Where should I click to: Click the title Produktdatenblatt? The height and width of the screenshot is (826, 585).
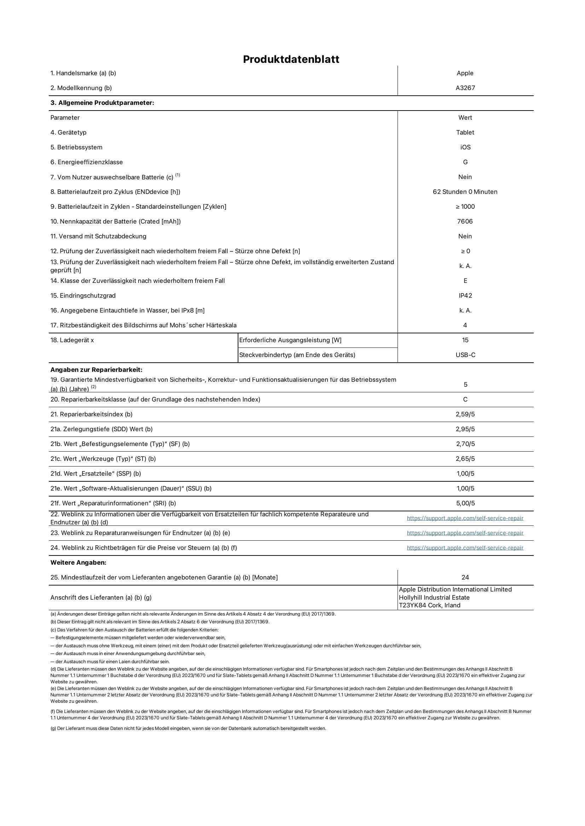[x=291, y=59]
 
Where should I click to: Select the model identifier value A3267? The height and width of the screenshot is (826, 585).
[x=465, y=88]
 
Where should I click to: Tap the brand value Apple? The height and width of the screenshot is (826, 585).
[x=465, y=73]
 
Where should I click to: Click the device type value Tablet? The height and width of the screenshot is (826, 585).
[x=465, y=132]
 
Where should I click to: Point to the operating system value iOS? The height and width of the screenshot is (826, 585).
[x=465, y=147]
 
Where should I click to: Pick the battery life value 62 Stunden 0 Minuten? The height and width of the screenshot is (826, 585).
[x=465, y=192]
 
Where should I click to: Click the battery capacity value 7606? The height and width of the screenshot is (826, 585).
[x=465, y=221]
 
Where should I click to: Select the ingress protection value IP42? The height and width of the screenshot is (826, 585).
[x=465, y=295]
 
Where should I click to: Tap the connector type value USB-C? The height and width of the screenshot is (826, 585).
[x=465, y=355]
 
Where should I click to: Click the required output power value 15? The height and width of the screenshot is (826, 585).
[x=465, y=340]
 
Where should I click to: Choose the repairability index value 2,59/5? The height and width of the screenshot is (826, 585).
[x=465, y=414]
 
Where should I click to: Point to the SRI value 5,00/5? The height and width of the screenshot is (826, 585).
[x=465, y=503]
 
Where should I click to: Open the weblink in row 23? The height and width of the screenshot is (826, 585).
[x=465, y=533]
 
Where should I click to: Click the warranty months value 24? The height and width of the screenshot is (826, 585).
[x=465, y=577]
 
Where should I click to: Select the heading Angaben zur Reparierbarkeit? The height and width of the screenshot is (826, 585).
[x=96, y=370]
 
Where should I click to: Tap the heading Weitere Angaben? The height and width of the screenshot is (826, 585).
[x=78, y=563]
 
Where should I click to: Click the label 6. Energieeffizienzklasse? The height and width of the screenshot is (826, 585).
[x=86, y=162]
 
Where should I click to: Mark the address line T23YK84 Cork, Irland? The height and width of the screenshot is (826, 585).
[x=429, y=605]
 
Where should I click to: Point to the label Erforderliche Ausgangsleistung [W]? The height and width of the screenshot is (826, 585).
[x=290, y=340]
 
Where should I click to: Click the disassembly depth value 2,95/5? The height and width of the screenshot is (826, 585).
[x=465, y=429]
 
